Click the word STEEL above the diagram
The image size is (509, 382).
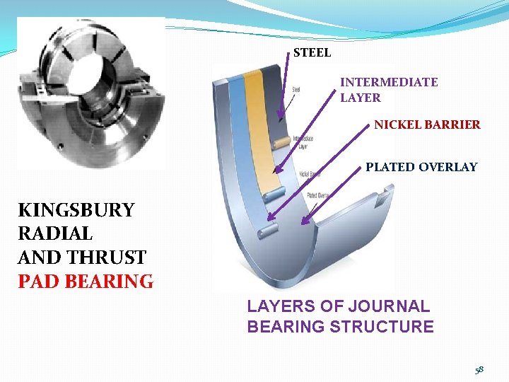[312, 52]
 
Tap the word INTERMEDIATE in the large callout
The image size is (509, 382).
[389, 82]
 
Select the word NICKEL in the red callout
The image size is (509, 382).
[397, 125]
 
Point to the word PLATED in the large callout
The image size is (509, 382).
[390, 168]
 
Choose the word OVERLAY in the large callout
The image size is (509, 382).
[447, 168]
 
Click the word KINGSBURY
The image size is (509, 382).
[76, 210]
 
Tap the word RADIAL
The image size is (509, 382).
[55, 233]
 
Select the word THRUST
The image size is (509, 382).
[107, 257]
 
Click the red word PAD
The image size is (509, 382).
[37, 282]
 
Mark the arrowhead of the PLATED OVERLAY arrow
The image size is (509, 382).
[305, 221]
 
